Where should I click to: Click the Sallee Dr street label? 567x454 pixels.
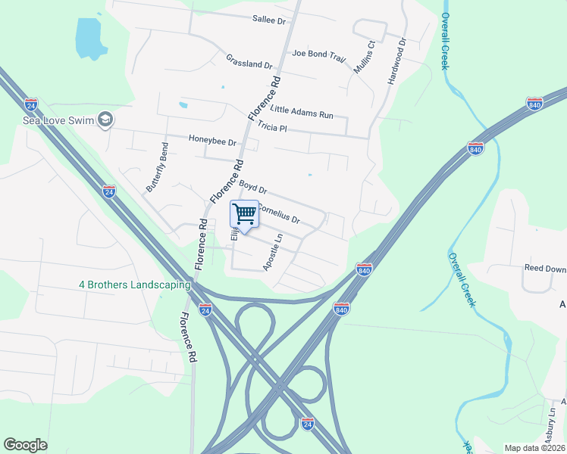pyautogui.click(x=269, y=21)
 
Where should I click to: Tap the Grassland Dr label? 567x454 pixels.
pyautogui.click(x=249, y=61)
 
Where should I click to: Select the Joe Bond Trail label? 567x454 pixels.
pyautogui.click(x=318, y=54)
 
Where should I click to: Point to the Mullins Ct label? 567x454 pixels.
pyautogui.click(x=362, y=57)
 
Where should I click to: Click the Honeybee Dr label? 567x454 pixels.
pyautogui.click(x=213, y=140)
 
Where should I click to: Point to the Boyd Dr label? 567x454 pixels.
pyautogui.click(x=253, y=185)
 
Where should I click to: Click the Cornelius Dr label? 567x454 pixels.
pyautogui.click(x=280, y=213)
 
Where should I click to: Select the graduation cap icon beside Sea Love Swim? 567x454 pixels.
pyautogui.click(x=105, y=120)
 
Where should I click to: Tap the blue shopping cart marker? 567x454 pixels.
pyautogui.click(x=244, y=215)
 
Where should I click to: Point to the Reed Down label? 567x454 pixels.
pyautogui.click(x=545, y=268)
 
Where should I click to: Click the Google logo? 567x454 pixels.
pyautogui.click(x=25, y=445)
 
